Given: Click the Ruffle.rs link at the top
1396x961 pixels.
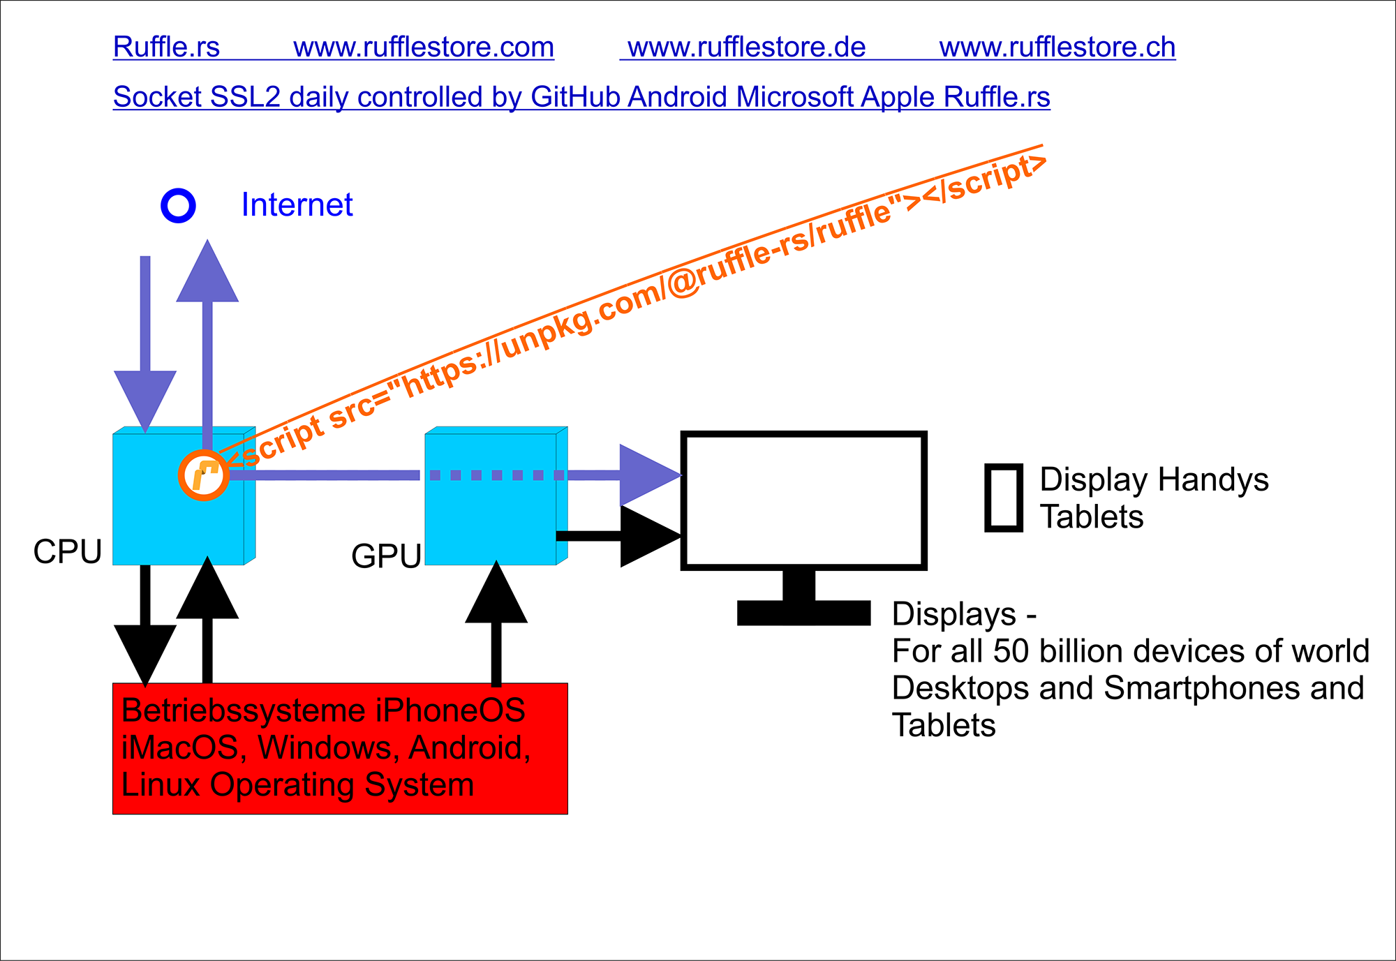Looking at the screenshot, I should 166,47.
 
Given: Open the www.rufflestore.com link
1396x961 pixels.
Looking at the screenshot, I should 424,47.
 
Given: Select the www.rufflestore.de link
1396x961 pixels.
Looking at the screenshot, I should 746,47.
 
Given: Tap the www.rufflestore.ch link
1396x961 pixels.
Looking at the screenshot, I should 1057,47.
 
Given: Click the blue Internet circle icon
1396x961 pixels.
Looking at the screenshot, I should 178,206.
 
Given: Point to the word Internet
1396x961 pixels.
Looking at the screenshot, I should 297,205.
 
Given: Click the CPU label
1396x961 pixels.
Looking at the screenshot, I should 68,552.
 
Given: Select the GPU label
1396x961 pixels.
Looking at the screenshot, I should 386,556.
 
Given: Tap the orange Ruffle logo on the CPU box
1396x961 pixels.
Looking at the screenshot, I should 204,476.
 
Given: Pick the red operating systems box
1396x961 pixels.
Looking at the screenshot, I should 340,748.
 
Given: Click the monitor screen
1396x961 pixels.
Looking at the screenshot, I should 804,500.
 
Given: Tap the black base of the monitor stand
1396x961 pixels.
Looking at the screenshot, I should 803,613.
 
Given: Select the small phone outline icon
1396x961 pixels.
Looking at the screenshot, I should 1004,498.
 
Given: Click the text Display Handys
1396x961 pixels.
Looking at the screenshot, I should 1154,479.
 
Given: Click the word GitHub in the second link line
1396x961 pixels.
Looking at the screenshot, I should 575,97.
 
